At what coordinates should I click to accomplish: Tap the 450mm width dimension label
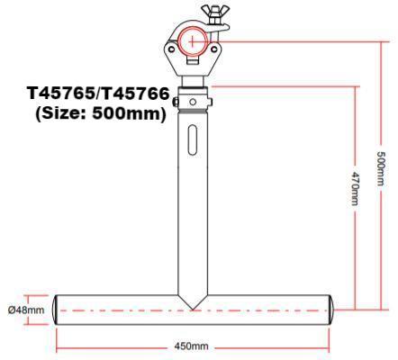pyautogui.click(x=191, y=346)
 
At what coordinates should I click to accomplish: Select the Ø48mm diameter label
pyautogui.click(x=26, y=310)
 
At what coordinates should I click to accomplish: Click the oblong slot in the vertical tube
pyautogui.click(x=194, y=145)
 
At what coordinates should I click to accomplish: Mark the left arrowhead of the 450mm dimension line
pyautogui.click(x=60, y=346)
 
